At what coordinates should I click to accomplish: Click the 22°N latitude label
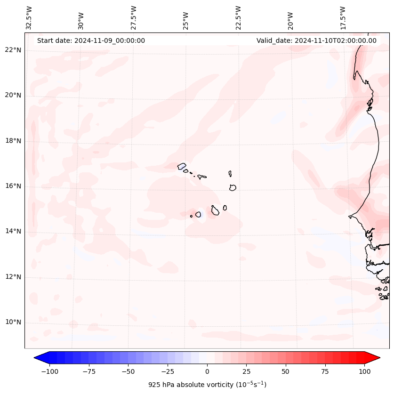click(x=14, y=50)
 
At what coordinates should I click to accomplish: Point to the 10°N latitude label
click(x=14, y=322)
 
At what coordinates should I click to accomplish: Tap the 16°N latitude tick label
click(x=14, y=186)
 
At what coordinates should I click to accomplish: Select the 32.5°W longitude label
click(x=29, y=17)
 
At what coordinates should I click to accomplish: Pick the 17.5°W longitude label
click(x=343, y=17)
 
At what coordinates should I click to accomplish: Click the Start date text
click(x=91, y=40)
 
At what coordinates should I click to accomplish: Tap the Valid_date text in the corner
click(x=316, y=40)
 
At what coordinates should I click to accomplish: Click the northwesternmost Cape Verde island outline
click(x=182, y=166)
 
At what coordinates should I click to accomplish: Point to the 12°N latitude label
click(x=14, y=277)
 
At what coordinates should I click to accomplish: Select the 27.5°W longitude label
click(x=134, y=17)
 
